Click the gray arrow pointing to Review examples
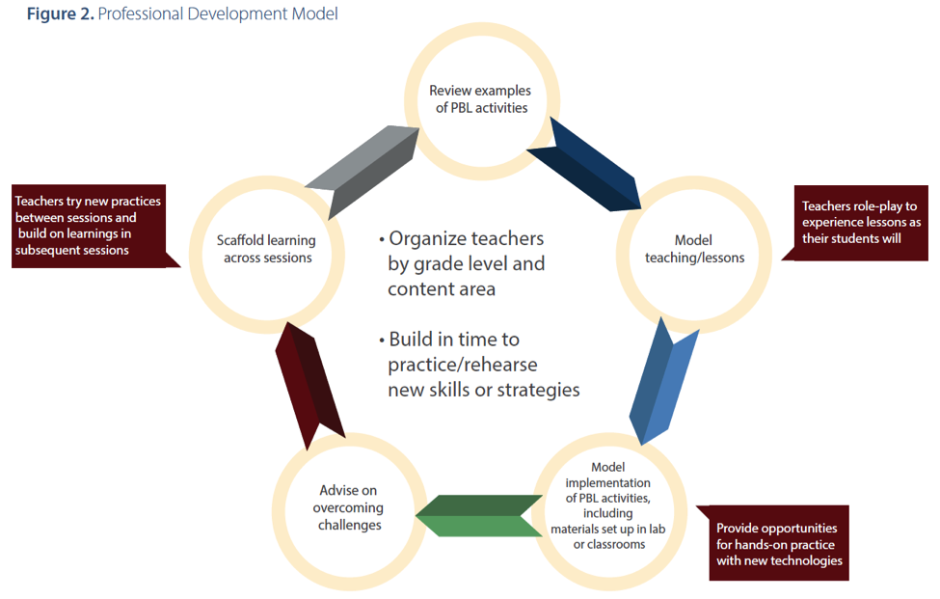[x=363, y=171]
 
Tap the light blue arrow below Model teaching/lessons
[x=663, y=381]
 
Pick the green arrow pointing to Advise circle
[x=479, y=516]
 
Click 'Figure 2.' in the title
[x=61, y=14]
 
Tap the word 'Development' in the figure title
[x=237, y=14]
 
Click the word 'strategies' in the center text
[x=538, y=390]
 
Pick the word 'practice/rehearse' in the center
[x=462, y=365]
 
